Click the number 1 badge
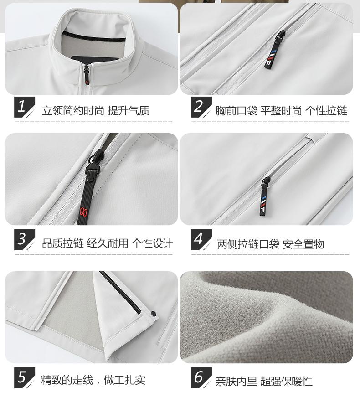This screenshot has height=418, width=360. point(24,107)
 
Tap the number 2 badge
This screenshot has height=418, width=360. point(201,107)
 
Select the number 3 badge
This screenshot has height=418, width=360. point(24,240)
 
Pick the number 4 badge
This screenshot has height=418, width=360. point(201,240)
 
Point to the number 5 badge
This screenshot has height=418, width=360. point(24,378)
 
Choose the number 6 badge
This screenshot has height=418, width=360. point(201,378)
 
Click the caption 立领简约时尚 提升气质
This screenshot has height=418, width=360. point(96,111)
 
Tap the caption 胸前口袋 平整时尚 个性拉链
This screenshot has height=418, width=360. point(281,111)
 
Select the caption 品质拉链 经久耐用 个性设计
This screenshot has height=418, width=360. point(108,243)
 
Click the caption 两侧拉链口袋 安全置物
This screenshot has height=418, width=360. point(270,244)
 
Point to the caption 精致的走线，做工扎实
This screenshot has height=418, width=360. point(93,380)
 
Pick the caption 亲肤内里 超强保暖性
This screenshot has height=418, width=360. point(264,382)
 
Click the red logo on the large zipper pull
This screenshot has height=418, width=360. point(82,212)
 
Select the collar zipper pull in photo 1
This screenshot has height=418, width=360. point(86,75)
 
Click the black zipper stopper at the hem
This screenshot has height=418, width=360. point(154,314)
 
